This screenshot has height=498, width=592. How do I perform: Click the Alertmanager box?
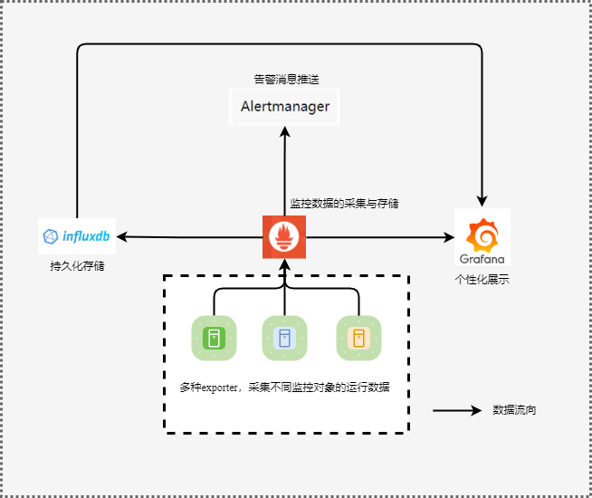pos(284,107)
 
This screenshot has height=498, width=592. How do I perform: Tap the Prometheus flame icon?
pos(284,237)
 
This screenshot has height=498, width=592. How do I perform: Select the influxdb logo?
pos(77,236)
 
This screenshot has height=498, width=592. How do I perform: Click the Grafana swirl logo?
pos(482,235)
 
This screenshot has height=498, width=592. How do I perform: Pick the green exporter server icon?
pos(214,338)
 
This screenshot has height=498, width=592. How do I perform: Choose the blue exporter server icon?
pos(284,338)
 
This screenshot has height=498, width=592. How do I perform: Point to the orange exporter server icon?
pos(358,338)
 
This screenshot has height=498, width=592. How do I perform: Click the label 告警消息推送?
pos(287,80)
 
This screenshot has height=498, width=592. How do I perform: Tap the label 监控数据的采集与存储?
pos(344,204)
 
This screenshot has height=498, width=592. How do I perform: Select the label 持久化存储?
pos(77,266)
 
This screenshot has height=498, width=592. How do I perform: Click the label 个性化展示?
pos(482,280)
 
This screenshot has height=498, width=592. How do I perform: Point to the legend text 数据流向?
pos(514,410)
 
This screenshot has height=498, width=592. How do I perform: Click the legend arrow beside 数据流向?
pos(457,410)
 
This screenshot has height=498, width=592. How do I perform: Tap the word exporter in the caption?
pos(220,388)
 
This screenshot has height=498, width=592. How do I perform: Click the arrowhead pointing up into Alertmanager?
pos(284,131)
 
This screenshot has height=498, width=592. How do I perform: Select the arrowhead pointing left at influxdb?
pos(122,237)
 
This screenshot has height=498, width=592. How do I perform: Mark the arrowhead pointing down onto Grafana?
pos(482,201)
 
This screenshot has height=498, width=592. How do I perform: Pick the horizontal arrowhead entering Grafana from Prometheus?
pos(449,237)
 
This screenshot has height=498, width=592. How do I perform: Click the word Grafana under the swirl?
pos(482,259)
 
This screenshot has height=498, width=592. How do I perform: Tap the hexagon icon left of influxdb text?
pos(51,236)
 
